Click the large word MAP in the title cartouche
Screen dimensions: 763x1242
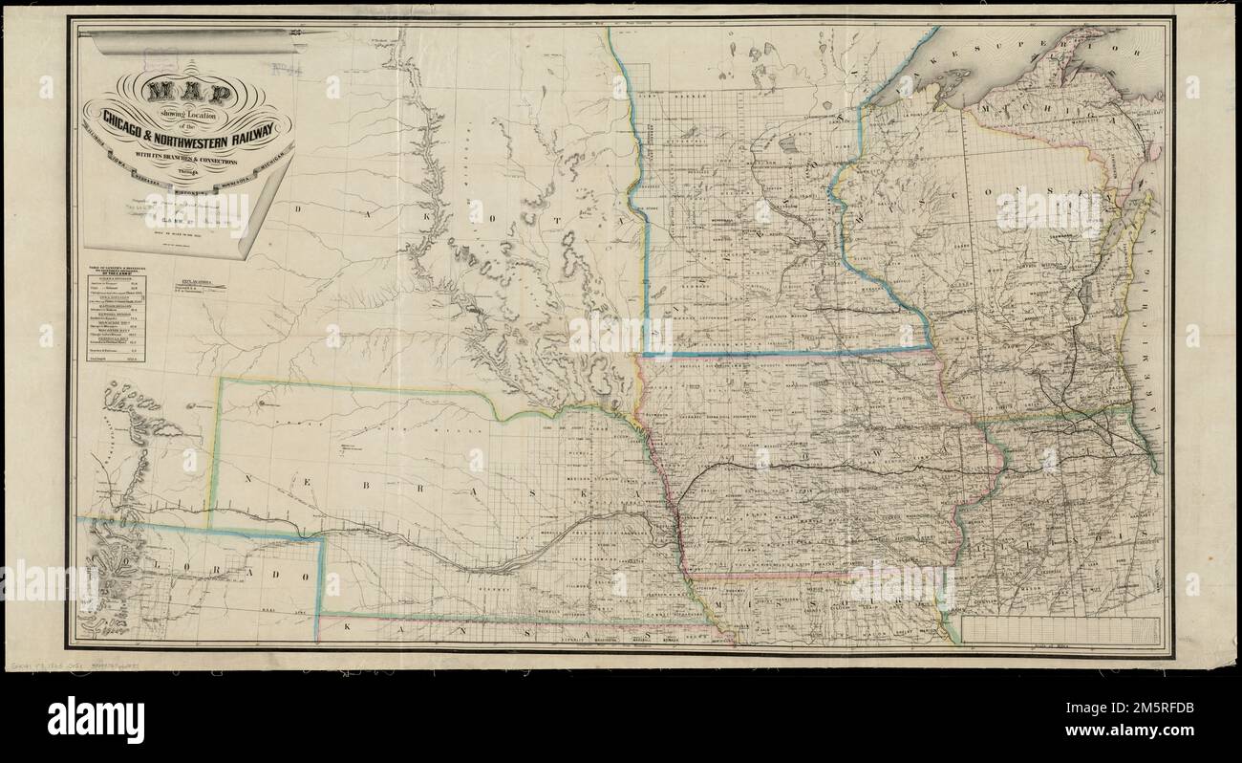click(188, 93)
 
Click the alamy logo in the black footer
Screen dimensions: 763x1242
click(96, 719)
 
